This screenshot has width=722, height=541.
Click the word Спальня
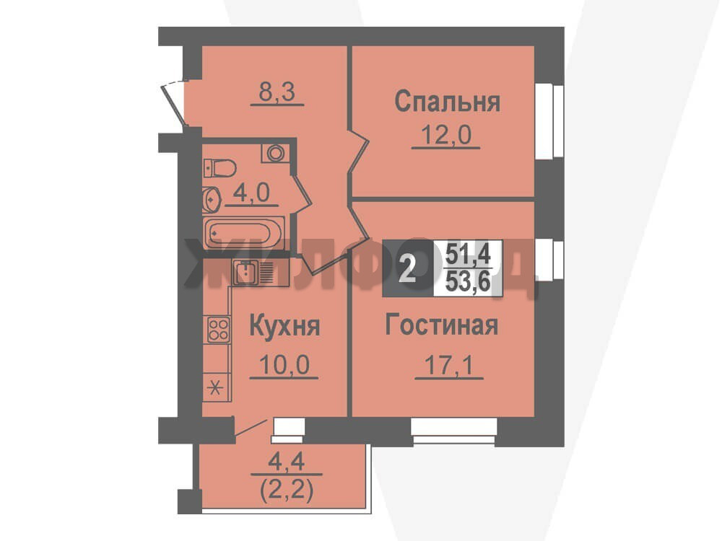coord(447,102)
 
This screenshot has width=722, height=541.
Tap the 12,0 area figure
coord(446,136)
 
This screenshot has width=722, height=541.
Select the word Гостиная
coord(442,325)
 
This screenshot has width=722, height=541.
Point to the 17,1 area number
coord(448,366)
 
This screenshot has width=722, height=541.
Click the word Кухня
coord(284,326)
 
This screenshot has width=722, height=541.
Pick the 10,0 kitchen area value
coord(284,365)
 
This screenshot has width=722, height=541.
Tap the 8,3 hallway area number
coord(277,92)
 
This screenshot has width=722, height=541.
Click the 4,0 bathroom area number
coord(251,193)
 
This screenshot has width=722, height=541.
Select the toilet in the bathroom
coord(219,168)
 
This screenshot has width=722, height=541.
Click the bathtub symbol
coord(243,233)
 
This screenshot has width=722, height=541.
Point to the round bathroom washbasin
coord(211,199)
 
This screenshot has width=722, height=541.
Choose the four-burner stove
coord(218,330)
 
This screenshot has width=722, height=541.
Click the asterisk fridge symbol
coord(215,389)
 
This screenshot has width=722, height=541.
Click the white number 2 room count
coord(407,270)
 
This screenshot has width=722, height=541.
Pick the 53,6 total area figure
coord(468,281)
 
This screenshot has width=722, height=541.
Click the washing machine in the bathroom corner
coord(276,153)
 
